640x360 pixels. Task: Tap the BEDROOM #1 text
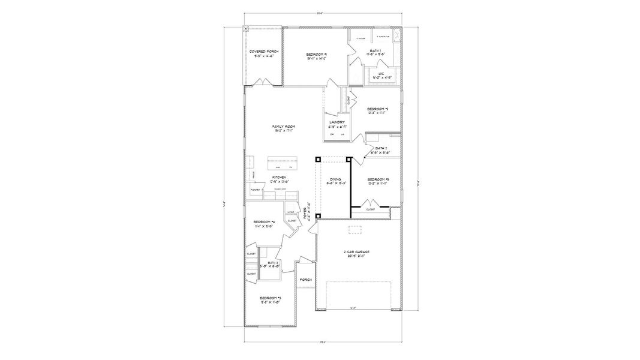[x=316, y=55]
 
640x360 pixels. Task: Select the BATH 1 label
[x=375, y=50]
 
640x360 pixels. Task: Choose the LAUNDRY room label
[x=336, y=122]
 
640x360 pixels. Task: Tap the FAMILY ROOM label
[x=284, y=127]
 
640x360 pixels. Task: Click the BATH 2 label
[x=381, y=148]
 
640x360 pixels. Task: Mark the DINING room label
[x=335, y=179]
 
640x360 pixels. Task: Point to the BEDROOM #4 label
[x=264, y=222]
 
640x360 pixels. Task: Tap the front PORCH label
[x=305, y=280]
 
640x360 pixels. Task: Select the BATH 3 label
[x=274, y=262]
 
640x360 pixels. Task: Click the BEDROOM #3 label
[x=271, y=298]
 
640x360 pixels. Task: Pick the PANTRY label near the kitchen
[x=254, y=190]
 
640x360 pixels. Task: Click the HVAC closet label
[x=290, y=212]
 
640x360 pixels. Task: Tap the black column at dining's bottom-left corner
[x=317, y=215]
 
